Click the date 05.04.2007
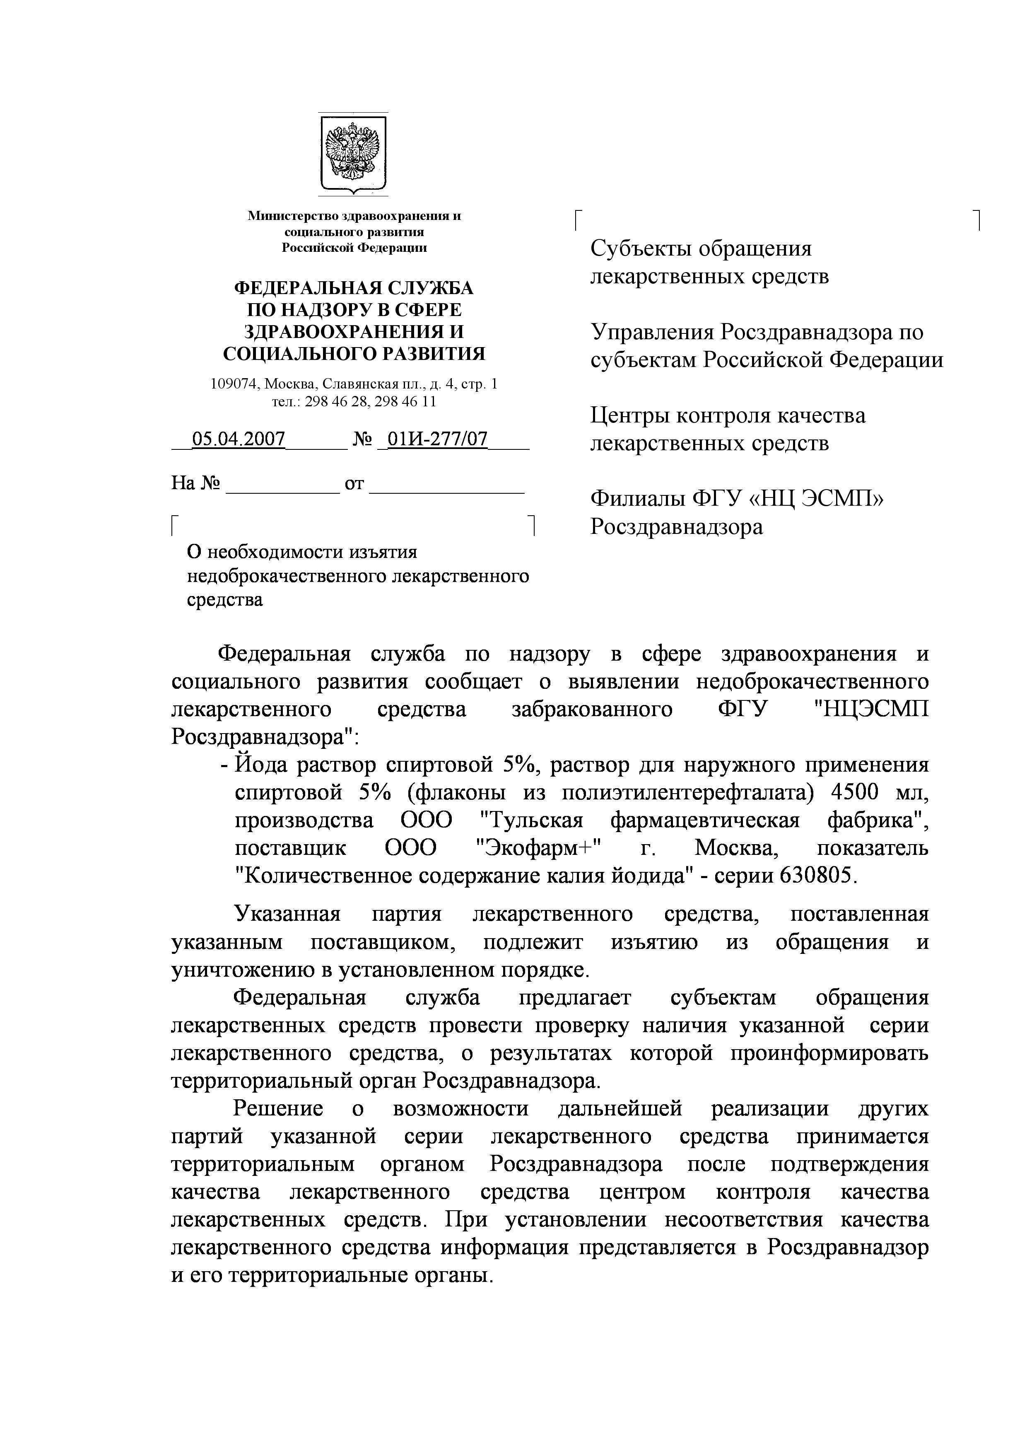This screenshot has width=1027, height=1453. coord(239,439)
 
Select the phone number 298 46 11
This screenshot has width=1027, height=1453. coord(405,401)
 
